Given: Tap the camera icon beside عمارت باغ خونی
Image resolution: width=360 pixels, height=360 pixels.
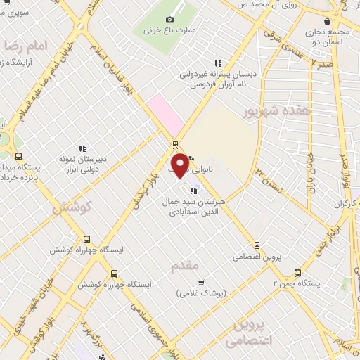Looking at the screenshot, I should [169, 19].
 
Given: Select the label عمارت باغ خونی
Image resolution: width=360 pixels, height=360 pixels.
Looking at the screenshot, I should [169, 31].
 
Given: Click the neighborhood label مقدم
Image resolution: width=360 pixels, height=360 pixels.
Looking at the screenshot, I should [186, 266].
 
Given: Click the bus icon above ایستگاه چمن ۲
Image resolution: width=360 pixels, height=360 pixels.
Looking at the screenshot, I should [297, 272].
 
